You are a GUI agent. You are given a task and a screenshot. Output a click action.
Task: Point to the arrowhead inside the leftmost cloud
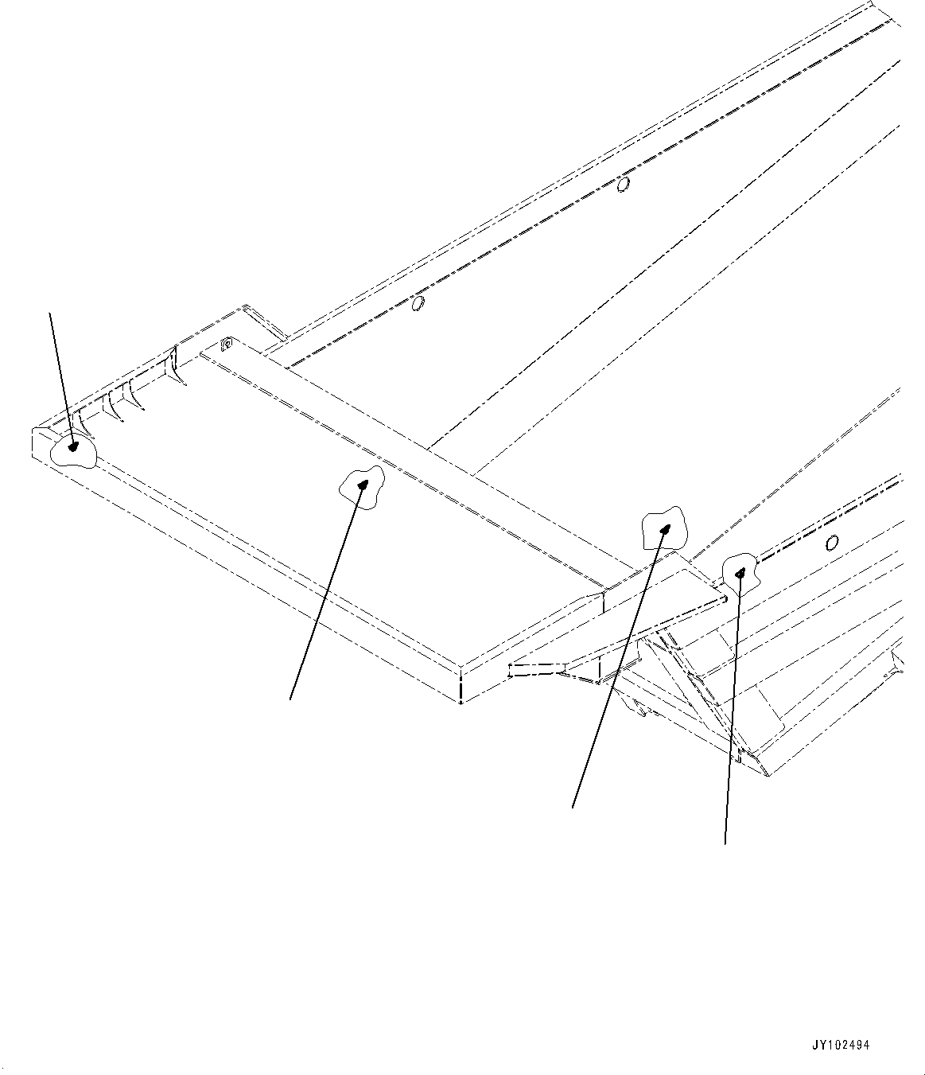tap(74, 447)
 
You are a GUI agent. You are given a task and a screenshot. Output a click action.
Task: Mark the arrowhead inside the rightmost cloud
tap(740, 571)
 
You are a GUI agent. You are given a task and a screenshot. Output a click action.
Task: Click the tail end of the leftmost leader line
tap(52, 313)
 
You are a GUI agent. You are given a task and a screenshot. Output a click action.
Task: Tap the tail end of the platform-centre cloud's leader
tap(290, 699)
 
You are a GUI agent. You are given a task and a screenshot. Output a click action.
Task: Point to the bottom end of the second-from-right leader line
tap(573, 808)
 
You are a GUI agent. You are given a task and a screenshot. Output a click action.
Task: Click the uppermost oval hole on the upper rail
tap(624, 185)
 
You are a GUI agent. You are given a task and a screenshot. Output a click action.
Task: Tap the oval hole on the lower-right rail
tap(832, 543)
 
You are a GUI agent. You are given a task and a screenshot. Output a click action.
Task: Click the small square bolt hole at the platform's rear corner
tap(225, 344)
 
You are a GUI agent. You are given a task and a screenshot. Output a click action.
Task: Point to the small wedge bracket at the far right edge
tap(899, 660)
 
